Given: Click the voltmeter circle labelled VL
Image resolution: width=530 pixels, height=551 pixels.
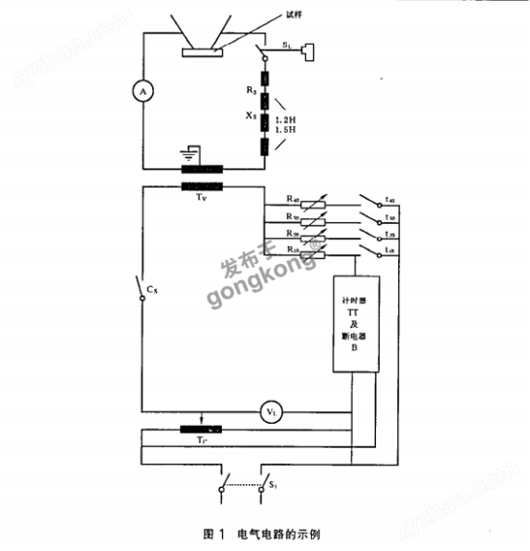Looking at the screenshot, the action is click(271, 412).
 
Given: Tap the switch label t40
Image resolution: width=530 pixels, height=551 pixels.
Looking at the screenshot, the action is click(391, 200).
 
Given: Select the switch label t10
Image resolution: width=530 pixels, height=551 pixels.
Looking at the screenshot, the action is click(391, 251).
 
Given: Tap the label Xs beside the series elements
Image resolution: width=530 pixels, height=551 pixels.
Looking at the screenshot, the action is click(251, 115).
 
